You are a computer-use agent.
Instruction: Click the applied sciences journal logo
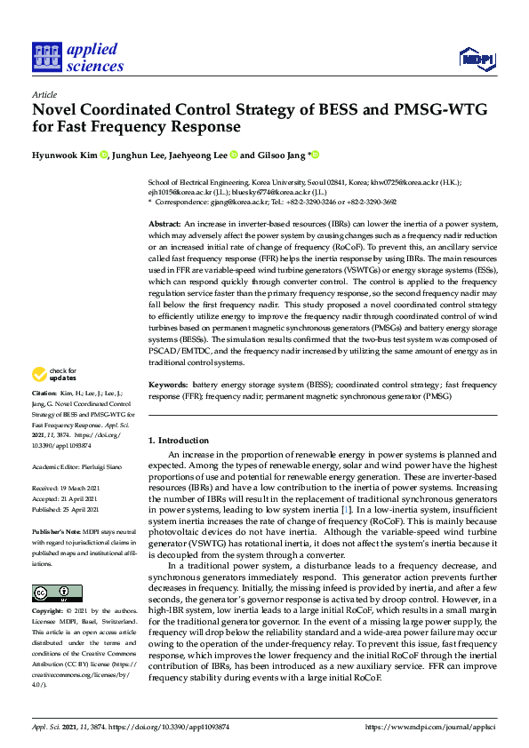[77, 58]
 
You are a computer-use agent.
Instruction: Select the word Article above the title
[44, 95]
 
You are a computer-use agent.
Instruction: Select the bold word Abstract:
[164, 226]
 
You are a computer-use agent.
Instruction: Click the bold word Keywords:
[168, 385]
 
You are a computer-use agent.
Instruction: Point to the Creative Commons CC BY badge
[57, 593]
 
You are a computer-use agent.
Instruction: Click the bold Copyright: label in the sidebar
[48, 612]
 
